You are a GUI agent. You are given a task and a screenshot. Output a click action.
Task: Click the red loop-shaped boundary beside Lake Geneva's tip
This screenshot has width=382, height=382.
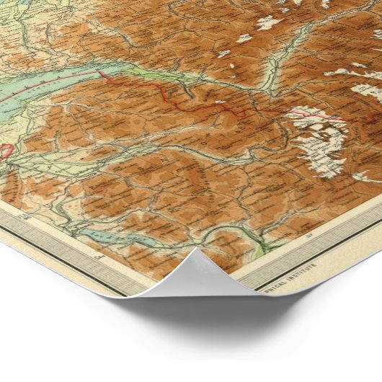(x=6, y=151)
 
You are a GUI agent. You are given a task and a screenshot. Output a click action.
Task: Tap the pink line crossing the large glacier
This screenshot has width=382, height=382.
(x=317, y=115)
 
